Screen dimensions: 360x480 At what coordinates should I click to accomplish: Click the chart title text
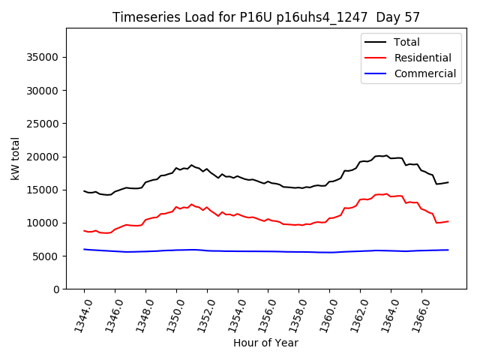tap(266, 17)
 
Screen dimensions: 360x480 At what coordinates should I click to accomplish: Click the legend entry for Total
tap(406, 42)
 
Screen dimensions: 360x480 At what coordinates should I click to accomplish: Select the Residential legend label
tap(422, 58)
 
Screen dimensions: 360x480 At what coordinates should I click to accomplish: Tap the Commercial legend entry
tap(424, 73)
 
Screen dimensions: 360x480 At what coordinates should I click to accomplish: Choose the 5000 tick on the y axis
tap(46, 256)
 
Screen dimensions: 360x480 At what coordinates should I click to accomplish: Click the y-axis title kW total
tap(16, 159)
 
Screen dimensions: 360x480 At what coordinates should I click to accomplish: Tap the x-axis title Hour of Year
tap(265, 343)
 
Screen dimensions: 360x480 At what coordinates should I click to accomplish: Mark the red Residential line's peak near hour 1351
tap(191, 204)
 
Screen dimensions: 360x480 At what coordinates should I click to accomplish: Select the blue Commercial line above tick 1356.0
tap(268, 251)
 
